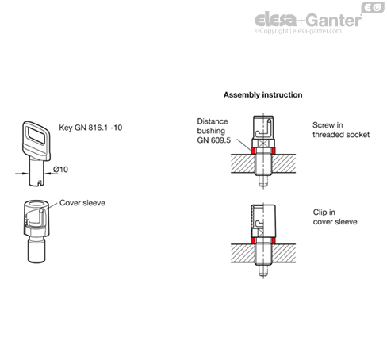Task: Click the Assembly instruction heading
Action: click(x=262, y=95)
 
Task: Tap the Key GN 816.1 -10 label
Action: click(x=90, y=128)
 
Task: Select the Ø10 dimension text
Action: click(x=60, y=169)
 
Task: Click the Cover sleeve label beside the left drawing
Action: click(x=82, y=203)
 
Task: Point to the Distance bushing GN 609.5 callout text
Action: click(x=213, y=131)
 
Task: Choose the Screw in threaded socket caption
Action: click(x=341, y=130)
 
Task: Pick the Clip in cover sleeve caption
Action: click(x=335, y=217)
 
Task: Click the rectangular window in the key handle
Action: click(x=36, y=136)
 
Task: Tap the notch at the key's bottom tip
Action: click(x=39, y=183)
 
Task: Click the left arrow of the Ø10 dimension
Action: click(x=21, y=174)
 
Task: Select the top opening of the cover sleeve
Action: click(x=36, y=204)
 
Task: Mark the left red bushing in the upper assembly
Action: click(x=253, y=151)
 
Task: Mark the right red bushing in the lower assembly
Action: click(x=274, y=240)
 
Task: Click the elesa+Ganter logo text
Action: click(x=308, y=20)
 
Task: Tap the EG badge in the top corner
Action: click(x=373, y=7)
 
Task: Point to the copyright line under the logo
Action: click(x=298, y=31)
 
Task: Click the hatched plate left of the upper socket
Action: click(x=243, y=163)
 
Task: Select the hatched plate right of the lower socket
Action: click(x=284, y=253)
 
